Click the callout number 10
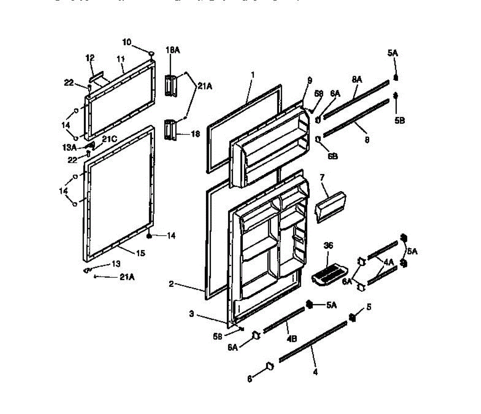pos(127,42)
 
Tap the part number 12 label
pos(90,58)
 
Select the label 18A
pos(172,50)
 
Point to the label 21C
pos(109,139)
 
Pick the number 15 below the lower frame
pos(140,253)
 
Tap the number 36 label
pos(328,246)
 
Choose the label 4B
pos(291,338)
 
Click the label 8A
pos(357,80)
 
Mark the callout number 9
pos(309,80)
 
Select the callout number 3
pos(192,314)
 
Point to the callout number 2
pos(171,284)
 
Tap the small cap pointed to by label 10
pos(151,53)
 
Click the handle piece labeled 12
pos(97,77)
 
